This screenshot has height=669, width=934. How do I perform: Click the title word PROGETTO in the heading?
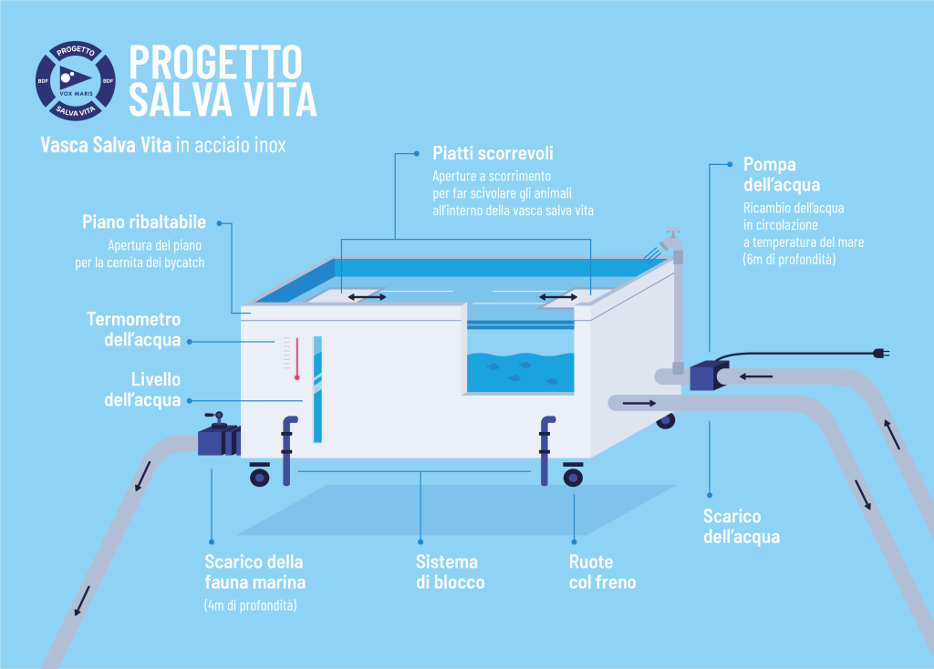(215, 61)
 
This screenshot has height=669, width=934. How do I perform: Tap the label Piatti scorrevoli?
(493, 153)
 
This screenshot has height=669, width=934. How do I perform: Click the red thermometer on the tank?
(297, 357)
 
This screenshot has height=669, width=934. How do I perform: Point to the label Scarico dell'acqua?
(741, 527)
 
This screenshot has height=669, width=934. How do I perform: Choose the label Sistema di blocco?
(450, 571)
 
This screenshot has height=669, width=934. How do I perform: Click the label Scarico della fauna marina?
(254, 571)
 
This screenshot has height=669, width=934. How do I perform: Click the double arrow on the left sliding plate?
(365, 297)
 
